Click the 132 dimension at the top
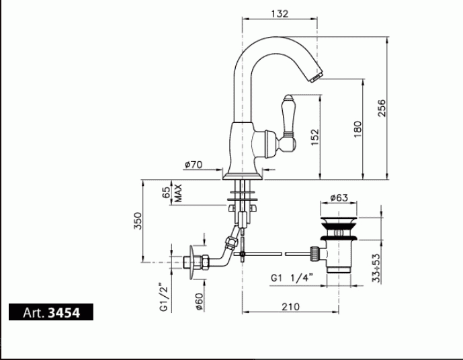click(x=280, y=13)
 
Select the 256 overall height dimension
click(x=382, y=108)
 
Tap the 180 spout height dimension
click(x=357, y=129)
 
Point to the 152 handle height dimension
click(x=315, y=137)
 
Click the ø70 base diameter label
click(x=194, y=165)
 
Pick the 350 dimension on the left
click(x=138, y=221)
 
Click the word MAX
click(x=178, y=193)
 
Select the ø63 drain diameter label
click(x=339, y=197)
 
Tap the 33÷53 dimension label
click(x=376, y=268)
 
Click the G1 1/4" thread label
click(x=292, y=277)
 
